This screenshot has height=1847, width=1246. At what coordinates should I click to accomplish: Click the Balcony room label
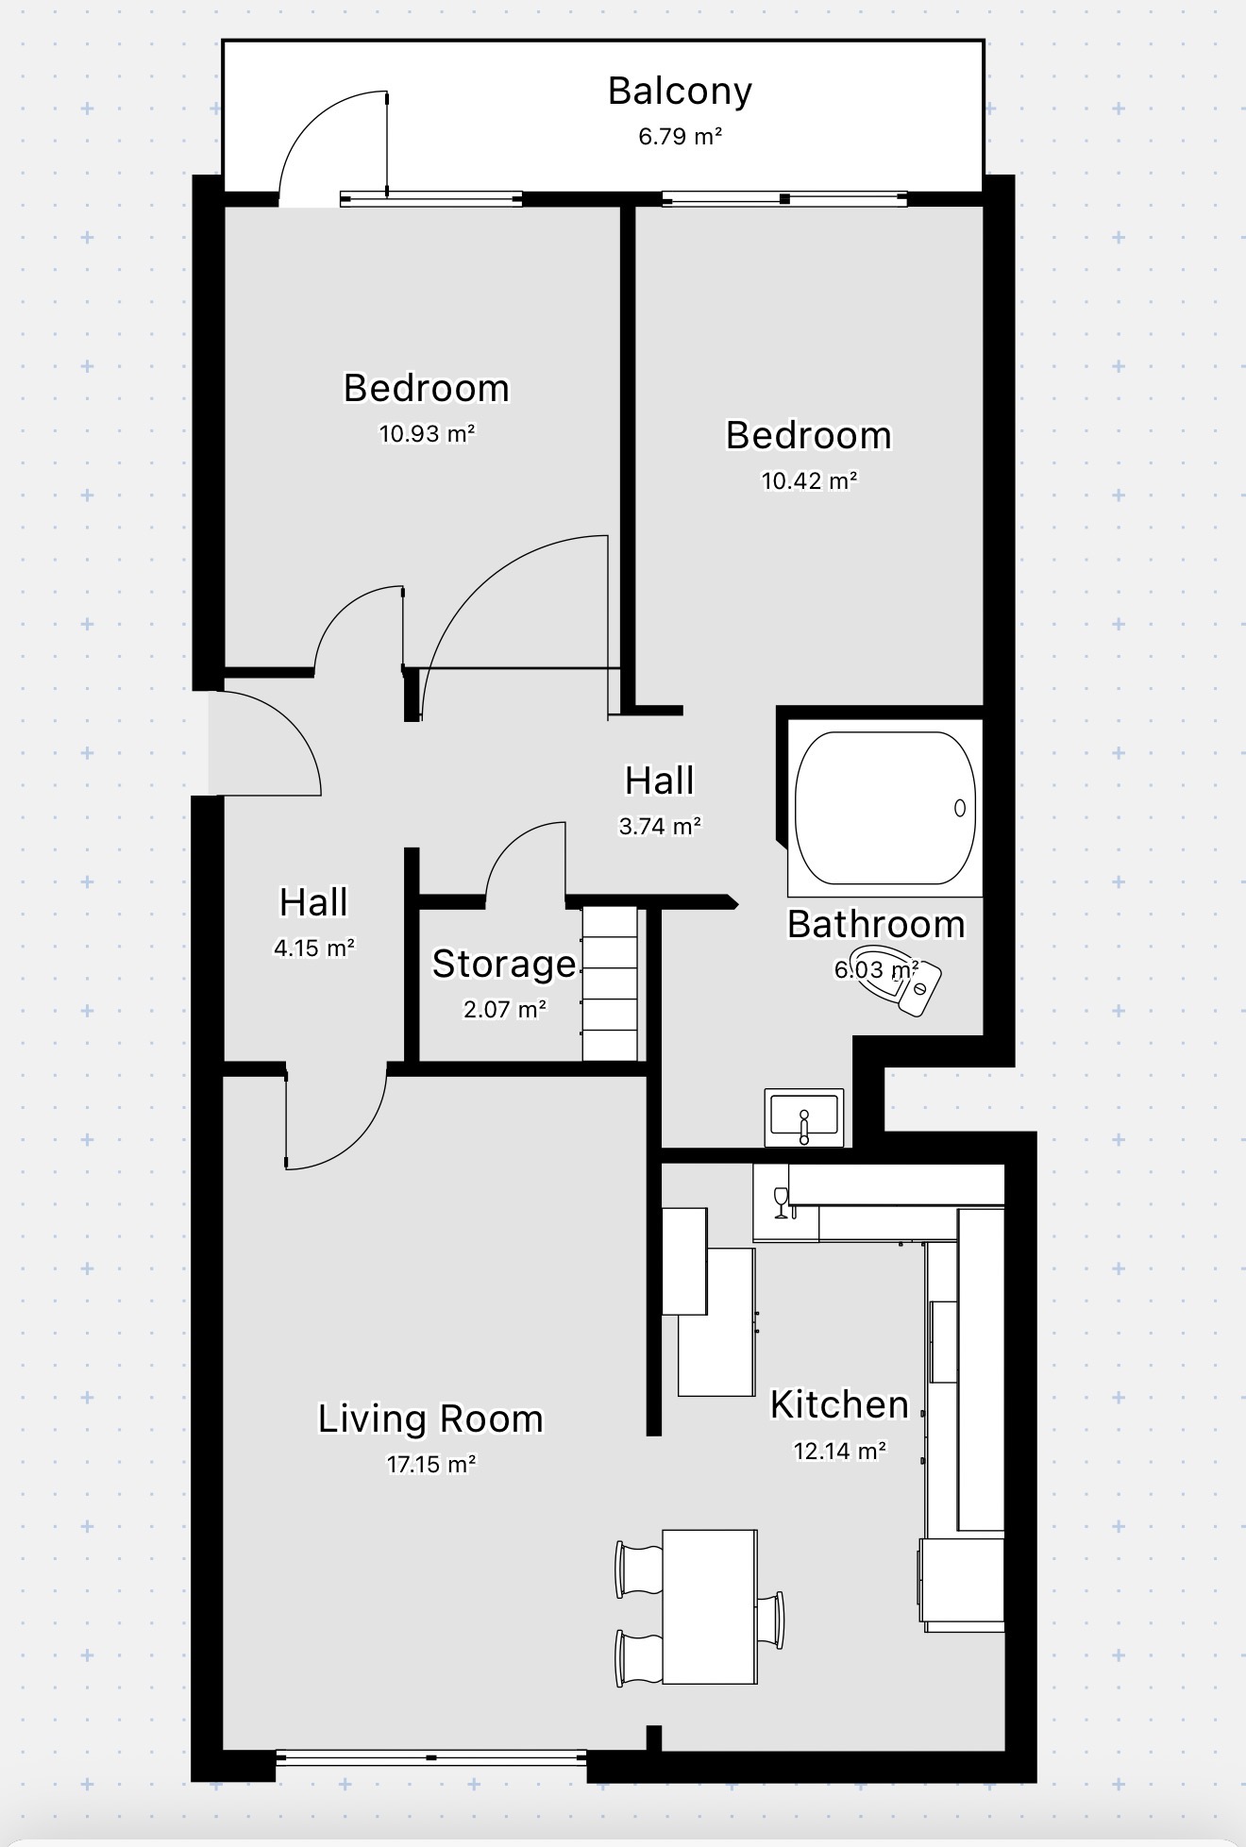(x=680, y=92)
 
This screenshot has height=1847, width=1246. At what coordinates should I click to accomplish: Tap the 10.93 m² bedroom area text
(x=427, y=434)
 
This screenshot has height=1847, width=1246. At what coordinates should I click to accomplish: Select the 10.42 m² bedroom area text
(x=809, y=481)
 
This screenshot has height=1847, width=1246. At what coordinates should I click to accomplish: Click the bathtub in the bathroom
(x=884, y=808)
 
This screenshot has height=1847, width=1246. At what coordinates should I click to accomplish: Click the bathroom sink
(x=804, y=1117)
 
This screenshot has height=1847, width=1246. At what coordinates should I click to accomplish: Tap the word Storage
(x=504, y=965)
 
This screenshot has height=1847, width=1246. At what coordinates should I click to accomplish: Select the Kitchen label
(x=839, y=1404)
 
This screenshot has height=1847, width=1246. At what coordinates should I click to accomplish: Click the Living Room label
(x=430, y=1419)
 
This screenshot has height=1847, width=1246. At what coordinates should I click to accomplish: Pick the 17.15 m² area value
(x=430, y=1465)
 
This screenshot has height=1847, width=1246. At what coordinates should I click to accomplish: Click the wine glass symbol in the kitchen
(x=780, y=1201)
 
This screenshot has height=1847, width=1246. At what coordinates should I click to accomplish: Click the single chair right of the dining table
(x=770, y=1620)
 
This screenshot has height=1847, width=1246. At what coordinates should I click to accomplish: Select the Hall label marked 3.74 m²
(x=660, y=781)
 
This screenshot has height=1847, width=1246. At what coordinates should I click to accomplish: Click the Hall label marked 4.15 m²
(x=313, y=903)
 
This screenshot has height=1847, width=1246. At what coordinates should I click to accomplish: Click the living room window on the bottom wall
(x=431, y=1757)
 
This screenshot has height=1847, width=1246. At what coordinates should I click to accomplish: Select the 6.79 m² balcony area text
(x=680, y=137)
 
